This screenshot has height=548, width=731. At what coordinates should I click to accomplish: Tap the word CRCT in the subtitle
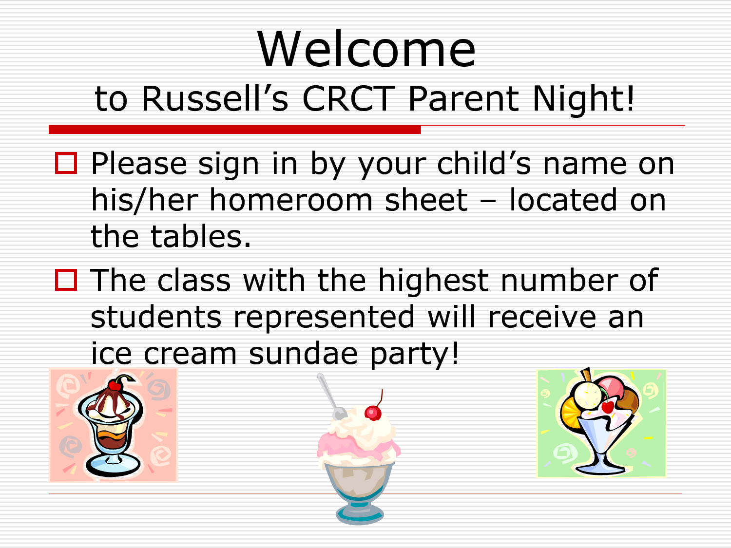tap(348, 98)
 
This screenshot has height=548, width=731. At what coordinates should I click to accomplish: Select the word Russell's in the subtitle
tap(215, 98)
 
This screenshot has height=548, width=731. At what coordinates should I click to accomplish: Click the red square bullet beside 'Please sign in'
tap(66, 163)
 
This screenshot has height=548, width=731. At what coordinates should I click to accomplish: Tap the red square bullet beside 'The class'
tap(66, 280)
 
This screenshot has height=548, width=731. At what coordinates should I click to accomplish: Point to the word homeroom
tap(291, 200)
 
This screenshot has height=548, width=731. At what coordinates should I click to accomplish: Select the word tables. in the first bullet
tap(200, 236)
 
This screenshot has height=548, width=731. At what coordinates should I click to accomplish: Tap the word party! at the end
tap(415, 354)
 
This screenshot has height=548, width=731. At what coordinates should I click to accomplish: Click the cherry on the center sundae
tap(373, 413)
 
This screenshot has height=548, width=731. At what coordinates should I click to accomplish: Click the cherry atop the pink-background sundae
tap(115, 385)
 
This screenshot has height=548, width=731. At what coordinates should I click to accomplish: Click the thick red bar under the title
tap(235, 130)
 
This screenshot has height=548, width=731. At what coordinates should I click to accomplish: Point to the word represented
tap(324, 318)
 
